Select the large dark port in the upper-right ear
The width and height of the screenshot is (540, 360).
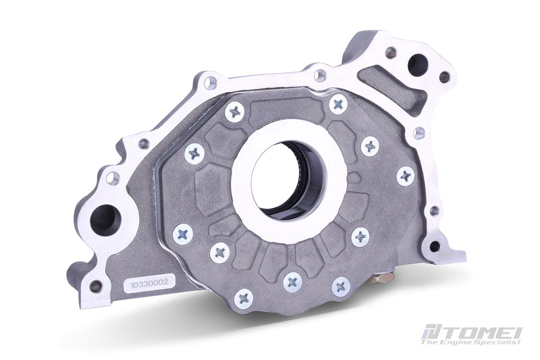[x=416, y=66]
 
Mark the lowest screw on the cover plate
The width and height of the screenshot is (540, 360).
[x=244, y=298]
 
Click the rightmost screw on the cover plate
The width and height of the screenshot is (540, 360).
[x=405, y=176]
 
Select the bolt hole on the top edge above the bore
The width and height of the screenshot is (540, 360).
[x=320, y=75]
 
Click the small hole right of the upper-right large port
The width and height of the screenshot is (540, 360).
[x=444, y=77]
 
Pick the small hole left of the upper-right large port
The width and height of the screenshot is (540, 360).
[x=390, y=52]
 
